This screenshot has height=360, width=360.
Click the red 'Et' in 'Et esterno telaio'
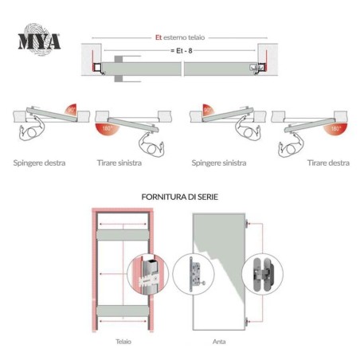point(158,37)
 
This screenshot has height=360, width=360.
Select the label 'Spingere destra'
point(39,163)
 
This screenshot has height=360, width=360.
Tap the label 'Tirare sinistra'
point(120,163)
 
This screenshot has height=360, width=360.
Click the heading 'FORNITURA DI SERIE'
point(179,195)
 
